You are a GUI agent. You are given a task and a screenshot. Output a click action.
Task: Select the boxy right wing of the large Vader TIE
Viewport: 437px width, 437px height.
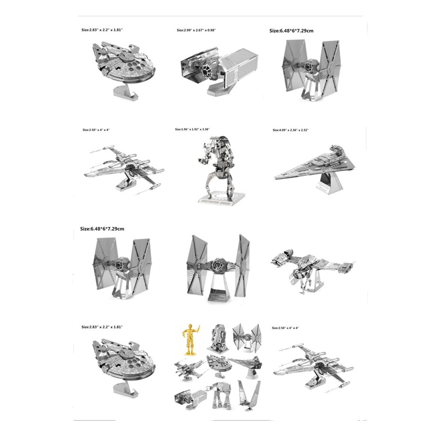pyautogui.click(x=241, y=68)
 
